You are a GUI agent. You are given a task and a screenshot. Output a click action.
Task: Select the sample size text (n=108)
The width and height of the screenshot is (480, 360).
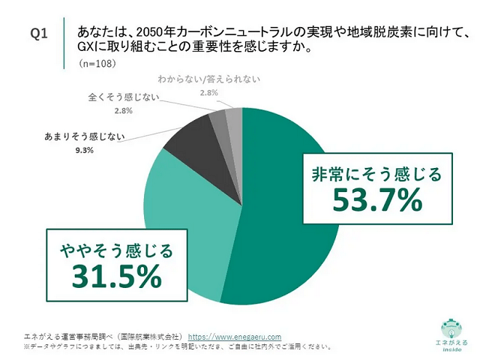tap(97, 65)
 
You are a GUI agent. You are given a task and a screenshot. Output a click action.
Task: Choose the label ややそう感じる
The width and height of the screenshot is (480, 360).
tap(115, 250)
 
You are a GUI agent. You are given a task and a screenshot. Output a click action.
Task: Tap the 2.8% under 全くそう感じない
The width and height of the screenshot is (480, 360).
tap(123, 111)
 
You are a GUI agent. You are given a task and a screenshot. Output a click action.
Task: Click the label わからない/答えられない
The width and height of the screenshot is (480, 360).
tap(208, 78)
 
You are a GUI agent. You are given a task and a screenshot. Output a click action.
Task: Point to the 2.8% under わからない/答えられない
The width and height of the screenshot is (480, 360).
tap(208, 91)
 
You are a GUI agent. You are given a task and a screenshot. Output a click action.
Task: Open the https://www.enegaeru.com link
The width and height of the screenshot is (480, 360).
tap(234, 337)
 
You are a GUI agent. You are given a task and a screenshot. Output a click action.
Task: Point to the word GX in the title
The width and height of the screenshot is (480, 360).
tap(85, 47)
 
